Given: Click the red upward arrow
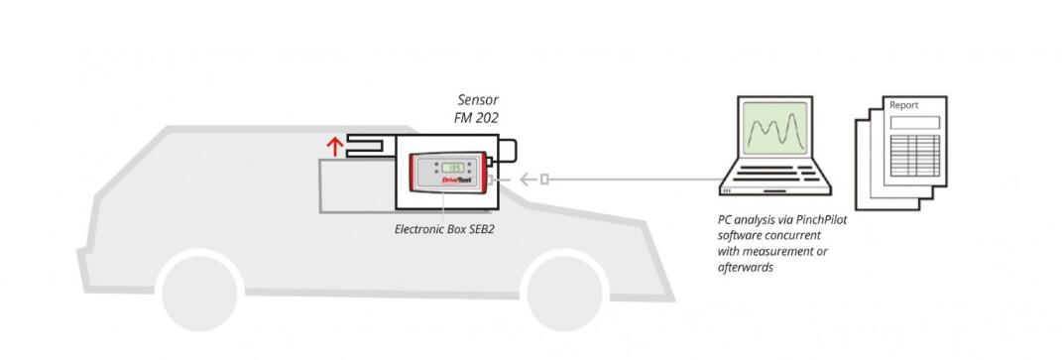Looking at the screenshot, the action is tap(334, 146).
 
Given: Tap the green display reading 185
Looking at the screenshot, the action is tap(452, 168).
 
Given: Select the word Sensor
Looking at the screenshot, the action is tap(478, 100).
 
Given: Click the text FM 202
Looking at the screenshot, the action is tap(476, 118).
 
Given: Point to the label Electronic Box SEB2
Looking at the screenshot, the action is tap(444, 229).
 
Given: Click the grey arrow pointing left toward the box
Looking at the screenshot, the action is tap(529, 180).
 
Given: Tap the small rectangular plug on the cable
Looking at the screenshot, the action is tap(543, 180).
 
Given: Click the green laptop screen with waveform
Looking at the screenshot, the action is tap(774, 128).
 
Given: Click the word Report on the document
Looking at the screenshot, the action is tap(903, 105).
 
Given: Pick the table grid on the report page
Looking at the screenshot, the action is tap(914, 156).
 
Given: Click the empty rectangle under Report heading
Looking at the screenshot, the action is tap(914, 123).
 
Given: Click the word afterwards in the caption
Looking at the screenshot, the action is tap(746, 267).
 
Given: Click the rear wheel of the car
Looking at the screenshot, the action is tap(199, 291).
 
